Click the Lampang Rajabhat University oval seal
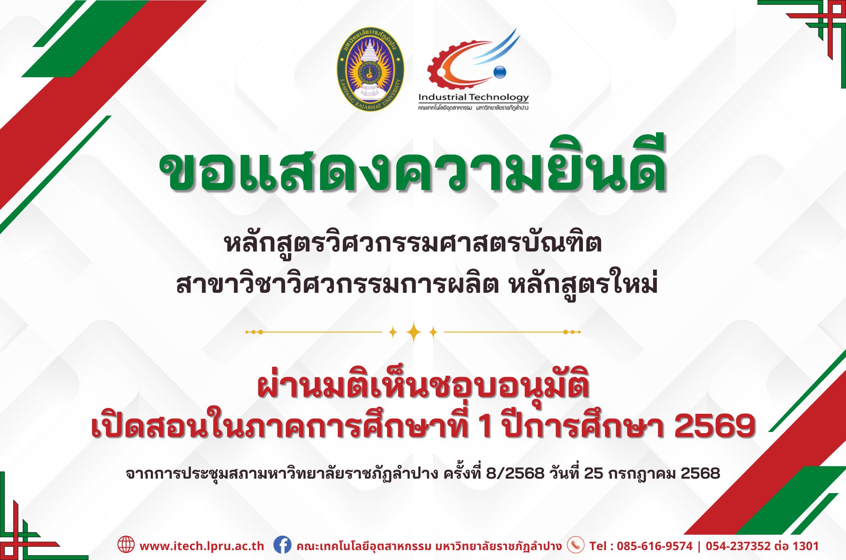click(x=370, y=69)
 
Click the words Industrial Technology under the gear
click(x=473, y=97)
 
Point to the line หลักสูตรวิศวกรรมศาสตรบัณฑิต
click(x=413, y=244)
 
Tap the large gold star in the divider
click(x=413, y=332)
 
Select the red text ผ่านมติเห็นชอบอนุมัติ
click(x=423, y=387)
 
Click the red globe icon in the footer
click(x=126, y=544)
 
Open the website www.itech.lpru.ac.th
click(x=202, y=546)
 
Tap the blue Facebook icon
click(x=282, y=545)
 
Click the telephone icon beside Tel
click(x=575, y=545)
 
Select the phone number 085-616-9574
click(x=655, y=546)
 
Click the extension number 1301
click(x=805, y=546)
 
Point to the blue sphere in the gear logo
click(x=499, y=72)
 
